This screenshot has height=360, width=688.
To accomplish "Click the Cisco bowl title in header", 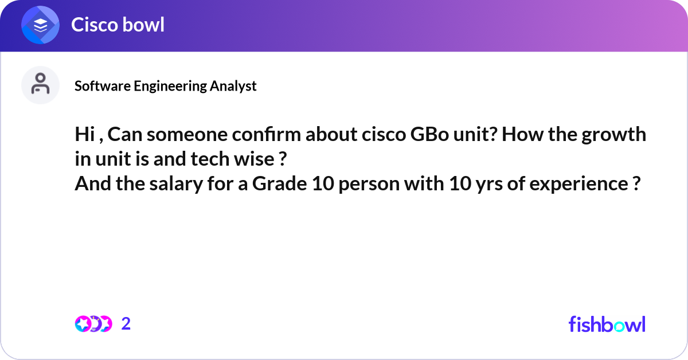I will tap(118, 25).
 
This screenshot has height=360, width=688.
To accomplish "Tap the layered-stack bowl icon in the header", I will tap(41, 25).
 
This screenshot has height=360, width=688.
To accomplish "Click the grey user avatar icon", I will tap(41, 85).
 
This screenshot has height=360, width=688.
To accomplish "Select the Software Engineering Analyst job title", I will tap(165, 86).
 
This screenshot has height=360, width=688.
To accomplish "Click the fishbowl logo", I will tap(607, 324).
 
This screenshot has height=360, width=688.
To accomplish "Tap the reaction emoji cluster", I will tap(93, 324).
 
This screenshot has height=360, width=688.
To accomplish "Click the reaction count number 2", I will tap(126, 324).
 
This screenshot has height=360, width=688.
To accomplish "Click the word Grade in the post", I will tap(275, 185).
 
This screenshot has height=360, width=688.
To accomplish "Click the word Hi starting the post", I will tap(83, 135).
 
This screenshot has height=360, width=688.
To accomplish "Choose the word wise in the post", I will tap(255, 160).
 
